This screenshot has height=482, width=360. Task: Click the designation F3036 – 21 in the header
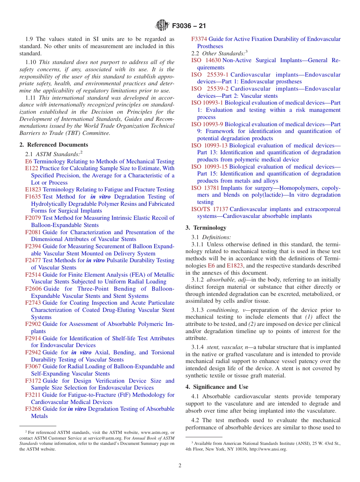click(x=189, y=26)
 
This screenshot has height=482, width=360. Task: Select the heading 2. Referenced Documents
click(x=53, y=145)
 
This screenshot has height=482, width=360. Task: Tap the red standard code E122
click(x=31, y=168)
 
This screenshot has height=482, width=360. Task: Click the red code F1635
click(x=33, y=197)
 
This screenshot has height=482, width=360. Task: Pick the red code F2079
click(x=33, y=218)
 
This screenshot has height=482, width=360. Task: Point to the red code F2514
click(x=33, y=275)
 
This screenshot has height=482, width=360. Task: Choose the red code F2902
click(x=33, y=324)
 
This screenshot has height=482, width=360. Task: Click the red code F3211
click(x=33, y=395)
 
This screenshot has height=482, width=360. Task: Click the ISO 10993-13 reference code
click(x=210, y=146)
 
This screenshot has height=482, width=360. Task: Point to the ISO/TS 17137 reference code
click(x=210, y=209)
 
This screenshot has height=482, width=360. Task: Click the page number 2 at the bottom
click(x=180, y=466)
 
